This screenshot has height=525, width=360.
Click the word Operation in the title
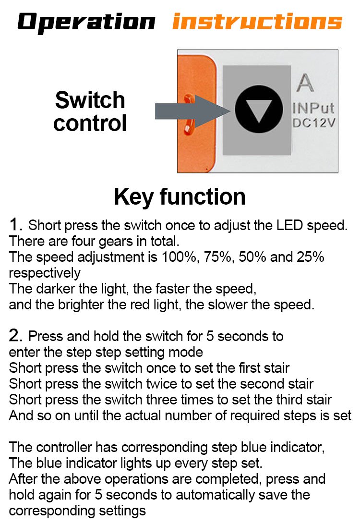click(86, 23)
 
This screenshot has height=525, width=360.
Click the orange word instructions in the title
click(257, 21)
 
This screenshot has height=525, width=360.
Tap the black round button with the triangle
click(259, 109)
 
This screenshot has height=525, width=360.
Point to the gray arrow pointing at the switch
click(192, 111)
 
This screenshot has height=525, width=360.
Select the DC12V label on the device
click(313, 123)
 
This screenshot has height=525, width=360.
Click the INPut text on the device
click(313, 108)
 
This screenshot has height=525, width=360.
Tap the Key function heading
click(180, 196)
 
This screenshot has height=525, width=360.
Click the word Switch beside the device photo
click(90, 100)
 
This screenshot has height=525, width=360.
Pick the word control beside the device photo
click(90, 123)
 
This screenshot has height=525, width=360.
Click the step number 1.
click(15, 224)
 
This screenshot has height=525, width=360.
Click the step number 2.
click(15, 335)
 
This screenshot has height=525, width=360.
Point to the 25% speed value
click(311, 257)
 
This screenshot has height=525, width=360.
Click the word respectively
click(45, 273)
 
